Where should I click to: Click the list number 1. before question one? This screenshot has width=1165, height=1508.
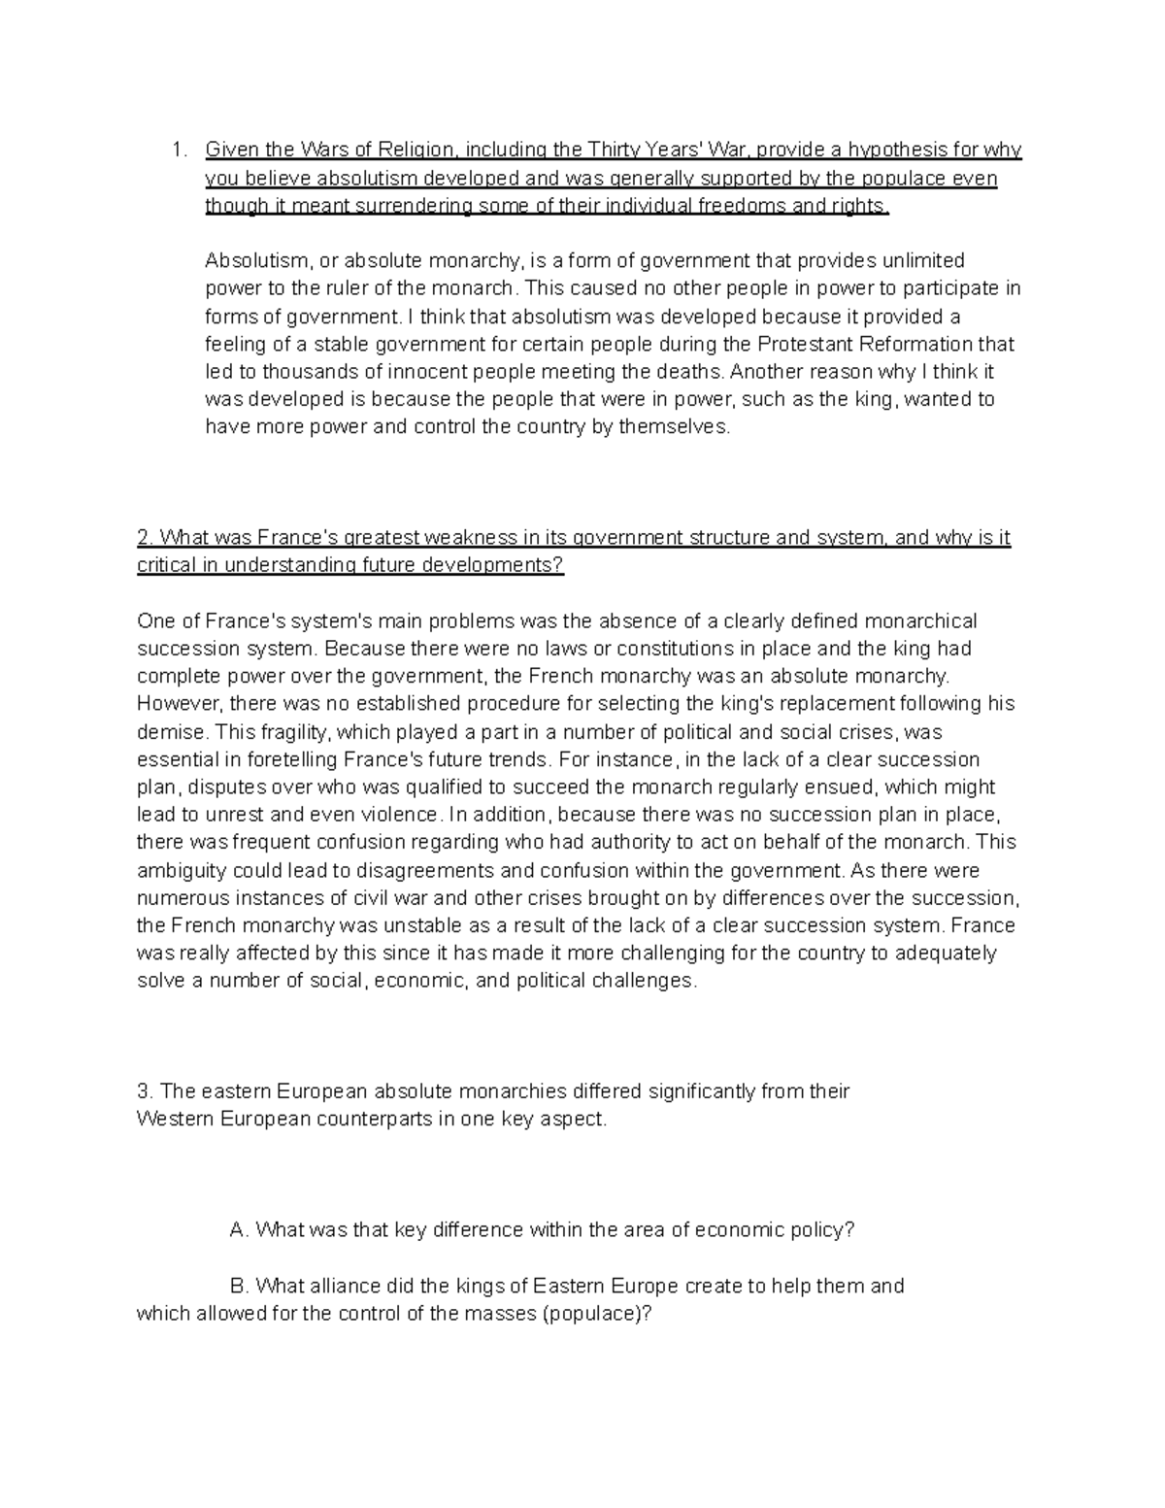[x=176, y=151]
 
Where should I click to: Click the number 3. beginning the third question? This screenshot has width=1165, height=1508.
[x=146, y=1091]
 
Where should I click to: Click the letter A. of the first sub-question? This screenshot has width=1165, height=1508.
[x=240, y=1230]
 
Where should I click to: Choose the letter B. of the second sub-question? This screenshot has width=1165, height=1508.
[x=240, y=1287]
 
